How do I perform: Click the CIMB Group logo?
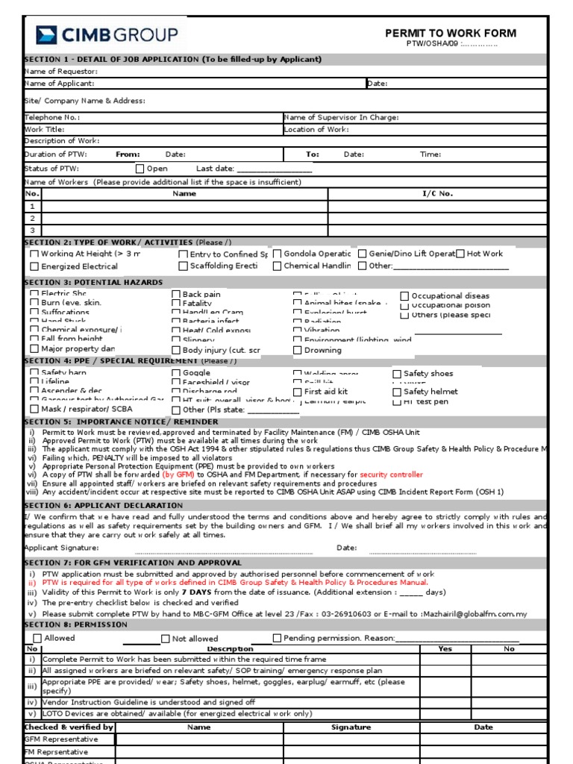click(x=107, y=34)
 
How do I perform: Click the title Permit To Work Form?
click(x=450, y=33)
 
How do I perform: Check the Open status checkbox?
click(x=140, y=169)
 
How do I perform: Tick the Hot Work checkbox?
click(x=460, y=254)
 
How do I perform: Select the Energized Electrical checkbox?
click(x=34, y=266)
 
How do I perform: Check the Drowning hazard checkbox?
click(x=297, y=350)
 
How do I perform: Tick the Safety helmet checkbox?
click(x=397, y=392)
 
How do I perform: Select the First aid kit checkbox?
click(x=297, y=392)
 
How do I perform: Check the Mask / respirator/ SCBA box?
click(x=34, y=409)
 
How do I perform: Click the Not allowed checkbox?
click(x=166, y=639)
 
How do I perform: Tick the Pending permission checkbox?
click(x=277, y=638)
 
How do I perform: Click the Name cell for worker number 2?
click(x=184, y=218)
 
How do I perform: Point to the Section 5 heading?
click(x=121, y=422)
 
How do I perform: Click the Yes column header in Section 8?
click(x=445, y=649)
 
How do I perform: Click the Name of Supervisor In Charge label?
click(x=341, y=117)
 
